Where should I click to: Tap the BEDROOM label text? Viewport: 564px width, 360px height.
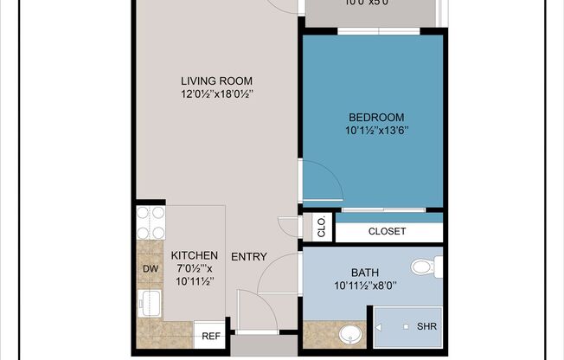pos(375,117)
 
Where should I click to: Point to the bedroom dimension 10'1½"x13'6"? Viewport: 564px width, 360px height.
pos(375,132)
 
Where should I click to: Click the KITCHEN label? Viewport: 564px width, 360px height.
pos(194,255)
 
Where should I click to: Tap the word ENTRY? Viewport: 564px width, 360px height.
pos(248,256)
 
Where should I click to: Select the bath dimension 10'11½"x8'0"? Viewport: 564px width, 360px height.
pos(365,286)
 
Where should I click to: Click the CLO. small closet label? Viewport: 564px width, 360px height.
pos(321,228)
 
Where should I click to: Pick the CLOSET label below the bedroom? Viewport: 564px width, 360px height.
pos(387,231)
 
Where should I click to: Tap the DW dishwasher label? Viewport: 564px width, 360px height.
pos(150,269)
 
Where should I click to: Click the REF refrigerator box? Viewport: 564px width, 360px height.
pos(210,336)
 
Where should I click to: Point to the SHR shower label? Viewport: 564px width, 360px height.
pos(426,326)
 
